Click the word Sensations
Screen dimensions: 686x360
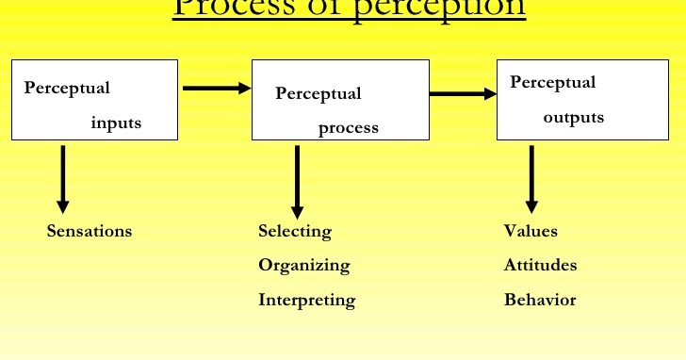(90, 231)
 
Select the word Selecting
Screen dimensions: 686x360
(295, 231)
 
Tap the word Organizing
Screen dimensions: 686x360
(303, 266)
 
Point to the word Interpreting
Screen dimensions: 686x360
(306, 301)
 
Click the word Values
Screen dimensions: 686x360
(531, 231)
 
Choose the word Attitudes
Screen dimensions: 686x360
(540, 266)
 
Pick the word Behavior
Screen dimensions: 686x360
(539, 301)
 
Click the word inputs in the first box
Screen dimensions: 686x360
(116, 123)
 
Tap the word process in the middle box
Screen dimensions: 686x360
(348, 128)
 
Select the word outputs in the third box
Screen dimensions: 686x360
(573, 118)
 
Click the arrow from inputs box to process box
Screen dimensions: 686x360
(216, 89)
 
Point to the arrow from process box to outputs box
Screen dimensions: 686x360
(463, 93)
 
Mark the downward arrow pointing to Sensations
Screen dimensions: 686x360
(63, 178)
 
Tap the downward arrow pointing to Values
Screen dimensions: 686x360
(531, 178)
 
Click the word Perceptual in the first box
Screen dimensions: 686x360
(67, 88)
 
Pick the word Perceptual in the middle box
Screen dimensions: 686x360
(318, 93)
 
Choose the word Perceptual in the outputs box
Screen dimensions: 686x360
(552, 82)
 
